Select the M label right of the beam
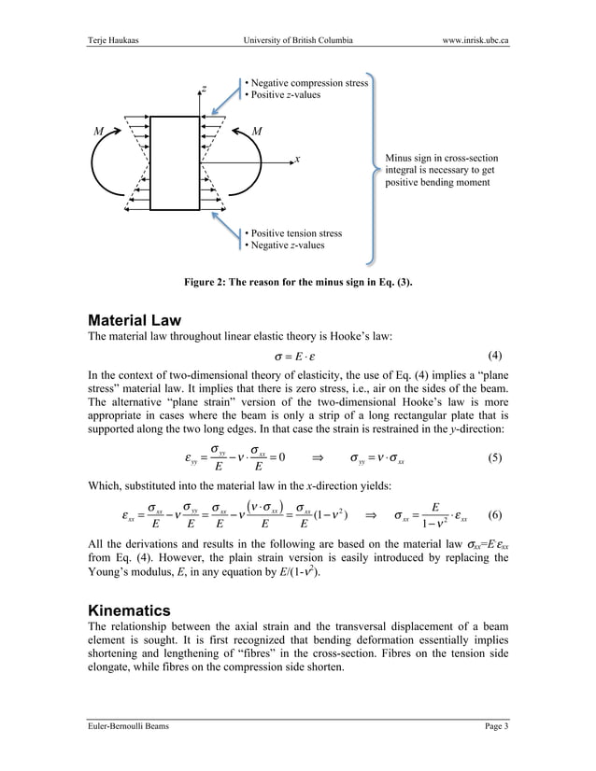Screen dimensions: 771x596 [x=257, y=131]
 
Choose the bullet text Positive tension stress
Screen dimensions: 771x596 [x=291, y=233]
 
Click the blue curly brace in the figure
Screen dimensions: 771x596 [x=375, y=168]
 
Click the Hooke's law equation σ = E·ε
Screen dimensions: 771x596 [x=297, y=357]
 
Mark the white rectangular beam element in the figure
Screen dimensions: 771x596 [x=177, y=163]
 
